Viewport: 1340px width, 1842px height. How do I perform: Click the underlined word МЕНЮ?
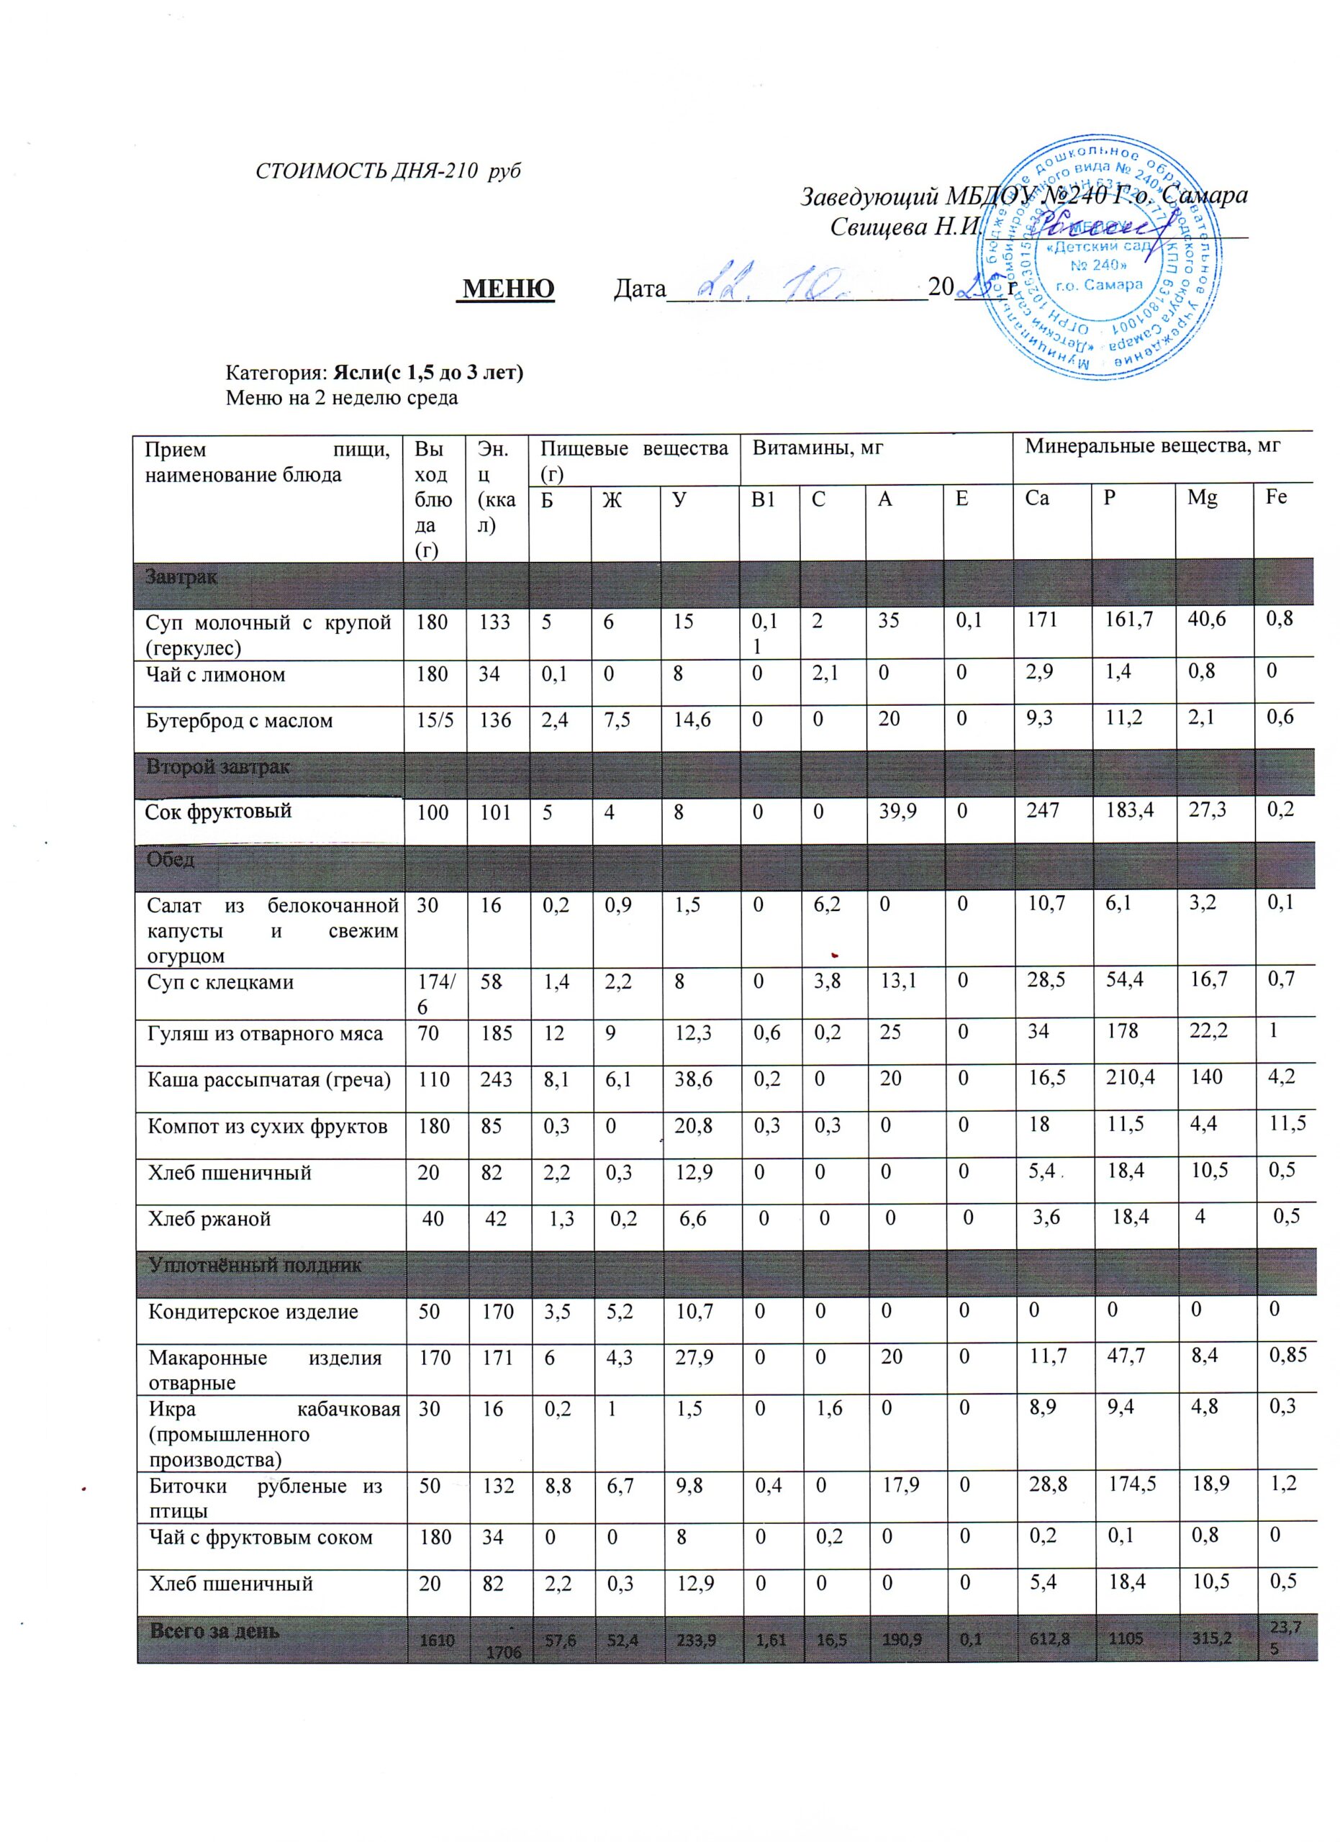coord(508,289)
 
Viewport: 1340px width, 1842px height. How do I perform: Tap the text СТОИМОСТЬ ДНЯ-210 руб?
coord(388,171)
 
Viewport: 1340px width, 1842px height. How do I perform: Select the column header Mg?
coord(1202,498)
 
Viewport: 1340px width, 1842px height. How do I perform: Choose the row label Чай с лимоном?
coord(215,674)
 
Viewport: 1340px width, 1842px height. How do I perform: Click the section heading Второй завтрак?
coord(217,767)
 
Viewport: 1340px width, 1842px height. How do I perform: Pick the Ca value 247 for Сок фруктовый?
coord(1043,810)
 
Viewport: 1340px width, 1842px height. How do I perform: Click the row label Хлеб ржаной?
coord(209,1218)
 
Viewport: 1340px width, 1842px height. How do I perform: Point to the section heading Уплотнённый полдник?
coord(255,1264)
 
